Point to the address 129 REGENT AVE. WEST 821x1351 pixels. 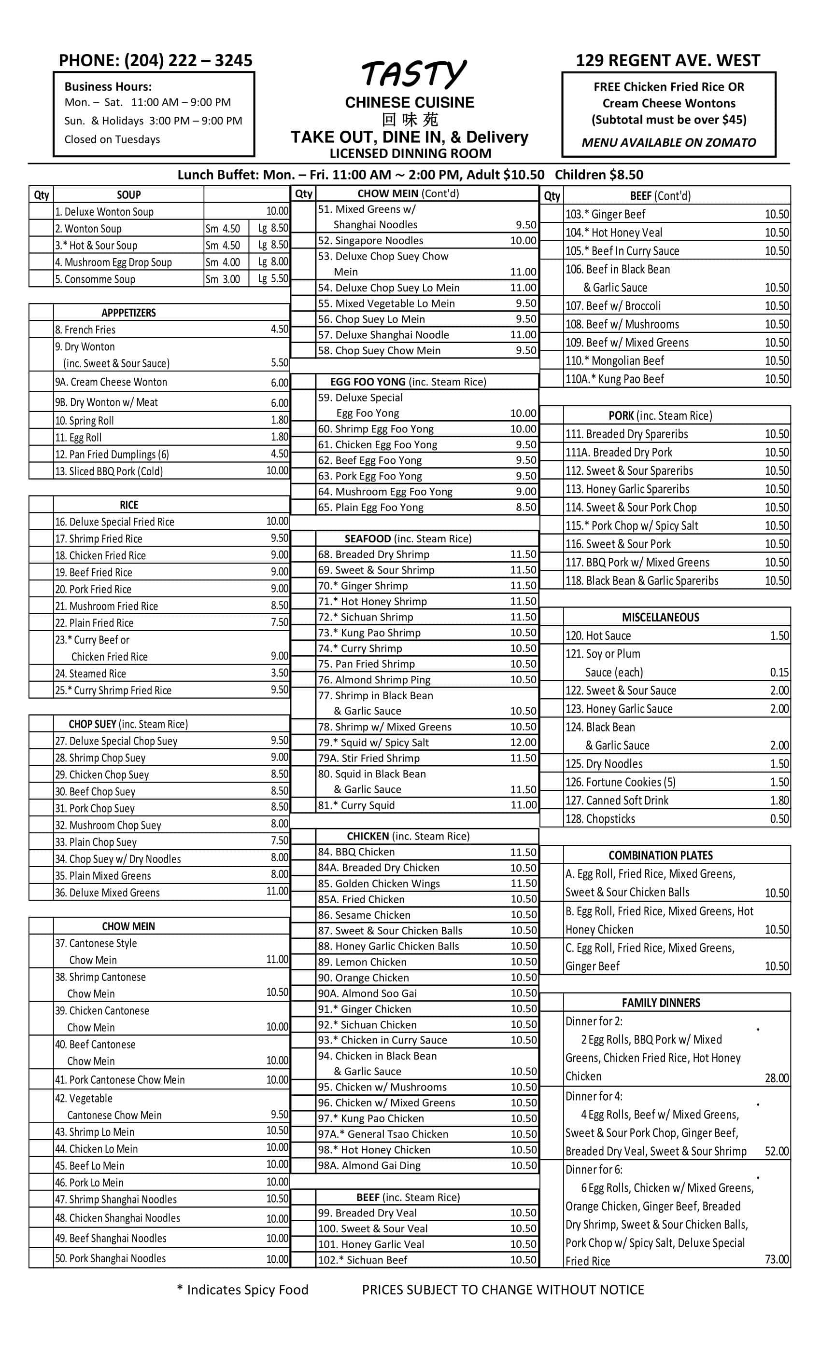click(x=667, y=60)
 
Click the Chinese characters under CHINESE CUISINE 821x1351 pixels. click(x=410, y=120)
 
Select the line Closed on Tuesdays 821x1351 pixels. click(x=112, y=139)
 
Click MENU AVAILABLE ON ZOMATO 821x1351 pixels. click(x=668, y=142)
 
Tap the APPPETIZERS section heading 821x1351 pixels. click(x=128, y=313)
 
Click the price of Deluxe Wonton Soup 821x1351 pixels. click(x=277, y=211)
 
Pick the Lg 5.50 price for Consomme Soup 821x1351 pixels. click(x=273, y=278)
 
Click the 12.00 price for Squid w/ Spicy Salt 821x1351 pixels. click(x=523, y=743)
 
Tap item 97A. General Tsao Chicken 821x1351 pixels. click(x=383, y=1134)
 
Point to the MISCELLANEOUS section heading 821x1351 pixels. click(x=660, y=618)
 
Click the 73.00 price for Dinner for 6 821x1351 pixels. click(x=777, y=1259)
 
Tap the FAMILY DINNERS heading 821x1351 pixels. click(x=661, y=1003)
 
